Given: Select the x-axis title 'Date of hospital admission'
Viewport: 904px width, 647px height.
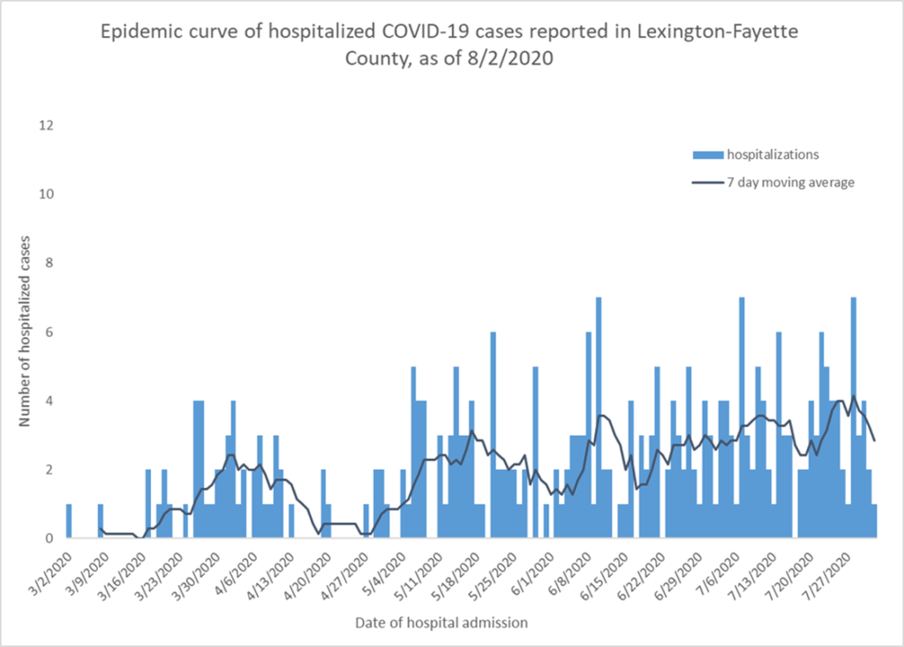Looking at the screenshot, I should pos(441,622).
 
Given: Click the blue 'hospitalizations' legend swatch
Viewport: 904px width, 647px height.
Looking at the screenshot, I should pos(707,154).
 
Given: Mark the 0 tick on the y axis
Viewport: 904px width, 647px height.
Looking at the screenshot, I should pos(50,538).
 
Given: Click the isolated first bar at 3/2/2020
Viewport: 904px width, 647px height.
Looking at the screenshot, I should pos(69,521).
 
